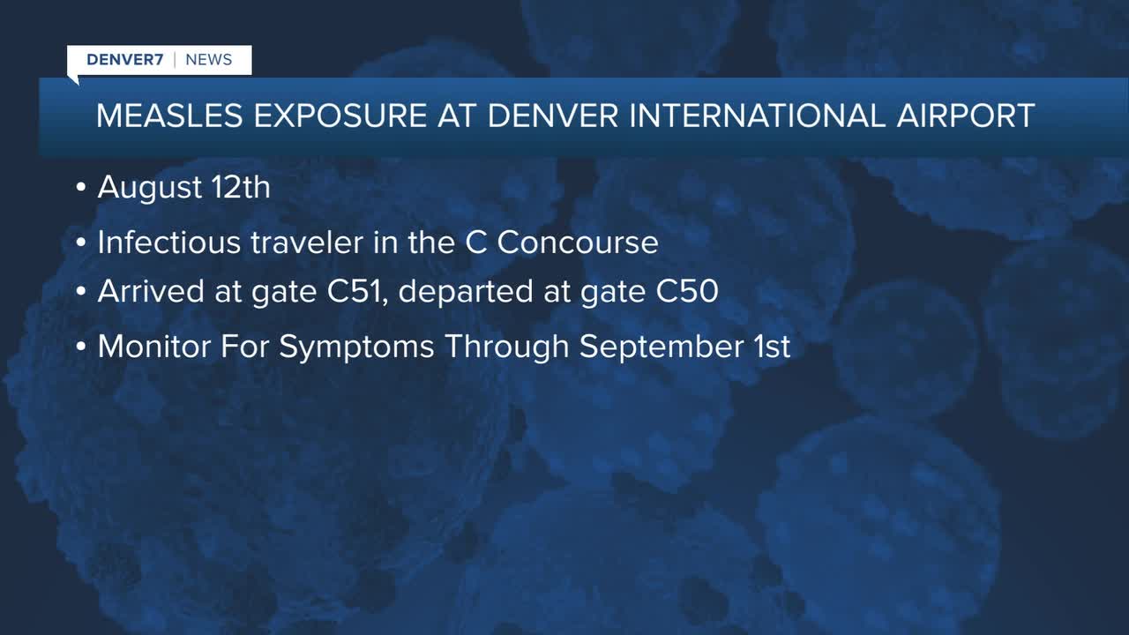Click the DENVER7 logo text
[125, 59]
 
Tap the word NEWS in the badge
[209, 59]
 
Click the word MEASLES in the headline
[169, 116]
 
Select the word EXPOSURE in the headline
[340, 116]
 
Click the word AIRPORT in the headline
[966, 116]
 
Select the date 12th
[241, 187]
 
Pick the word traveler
[307, 242]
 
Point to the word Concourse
[578, 242]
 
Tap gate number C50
[687, 291]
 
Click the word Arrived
[151, 291]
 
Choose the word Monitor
[154, 347]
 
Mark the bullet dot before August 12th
[80, 188]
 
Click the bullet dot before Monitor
[80, 347]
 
